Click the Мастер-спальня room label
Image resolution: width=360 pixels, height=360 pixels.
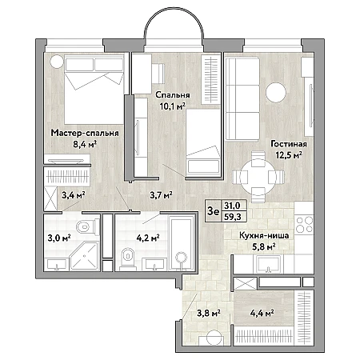[85, 133]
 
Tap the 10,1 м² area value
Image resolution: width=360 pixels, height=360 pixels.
[173, 106]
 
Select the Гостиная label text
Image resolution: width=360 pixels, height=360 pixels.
[289, 144]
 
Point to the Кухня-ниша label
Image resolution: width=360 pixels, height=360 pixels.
[264, 235]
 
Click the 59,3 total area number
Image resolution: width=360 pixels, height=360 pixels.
[233, 217]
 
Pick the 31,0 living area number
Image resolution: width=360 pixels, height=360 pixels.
[232, 206]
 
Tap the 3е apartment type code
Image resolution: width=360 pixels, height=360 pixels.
[214, 211]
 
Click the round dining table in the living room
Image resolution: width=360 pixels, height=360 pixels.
[258, 177]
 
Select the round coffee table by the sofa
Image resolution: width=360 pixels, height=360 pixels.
[276, 93]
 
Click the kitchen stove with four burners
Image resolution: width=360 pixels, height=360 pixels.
[305, 225]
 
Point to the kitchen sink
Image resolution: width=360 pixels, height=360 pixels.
[269, 264]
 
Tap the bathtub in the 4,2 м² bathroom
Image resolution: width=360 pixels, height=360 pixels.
[182, 243]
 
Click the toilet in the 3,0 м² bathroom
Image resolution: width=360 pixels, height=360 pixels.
[88, 227]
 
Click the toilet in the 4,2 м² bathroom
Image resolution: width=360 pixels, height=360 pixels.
[127, 258]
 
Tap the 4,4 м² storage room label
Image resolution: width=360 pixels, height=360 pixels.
[262, 313]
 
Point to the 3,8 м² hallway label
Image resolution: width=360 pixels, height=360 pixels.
[209, 313]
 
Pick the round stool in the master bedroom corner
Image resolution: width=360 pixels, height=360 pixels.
[57, 62]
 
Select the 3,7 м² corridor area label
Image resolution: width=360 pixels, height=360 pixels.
[161, 195]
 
